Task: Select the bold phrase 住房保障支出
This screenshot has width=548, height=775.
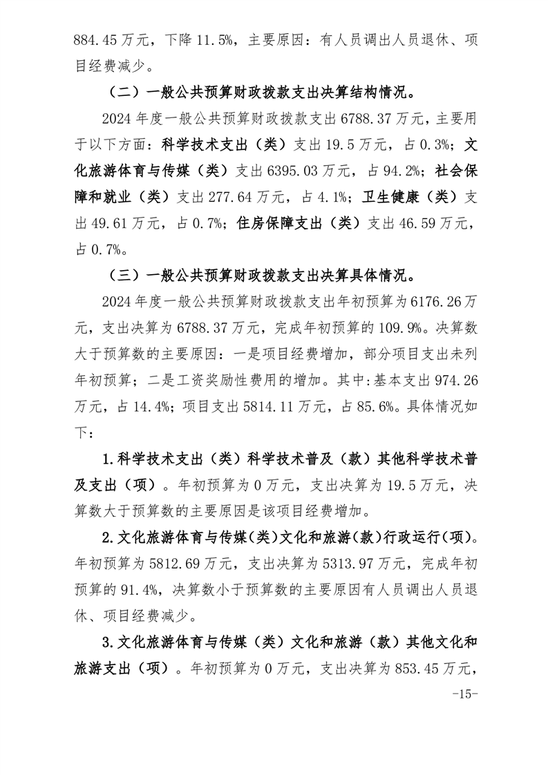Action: [x=278, y=223]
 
